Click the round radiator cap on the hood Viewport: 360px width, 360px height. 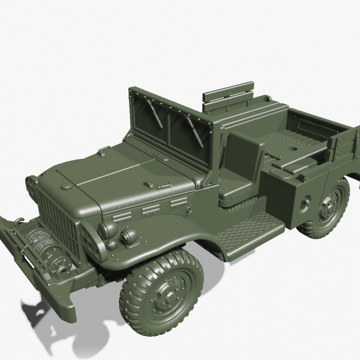click(x=65, y=187)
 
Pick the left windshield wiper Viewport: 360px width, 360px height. click(x=155, y=112)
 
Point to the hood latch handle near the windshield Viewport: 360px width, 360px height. click(x=103, y=148)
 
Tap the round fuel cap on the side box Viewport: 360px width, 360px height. click(x=305, y=202)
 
